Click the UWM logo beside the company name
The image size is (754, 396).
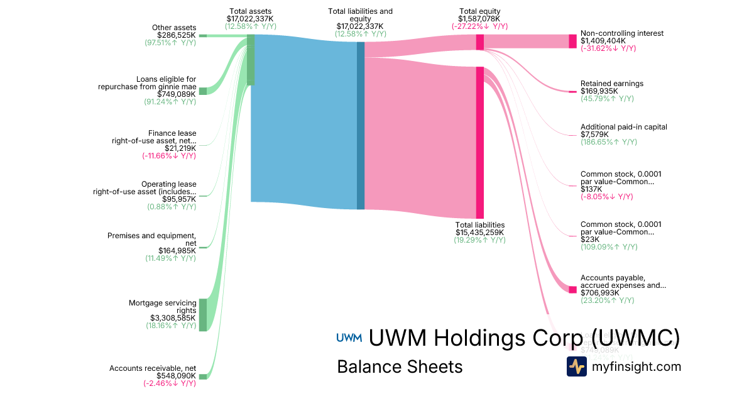pyautogui.click(x=349, y=338)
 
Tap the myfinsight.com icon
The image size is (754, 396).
pyautogui.click(x=576, y=366)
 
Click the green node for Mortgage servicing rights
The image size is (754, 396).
pyautogui.click(x=203, y=315)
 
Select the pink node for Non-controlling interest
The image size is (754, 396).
pyautogui.click(x=572, y=41)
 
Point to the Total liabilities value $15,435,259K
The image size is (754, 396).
pyautogui.click(x=479, y=232)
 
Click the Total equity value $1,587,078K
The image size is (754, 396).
pyautogui.click(x=479, y=19)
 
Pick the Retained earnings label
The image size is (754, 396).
pyautogui.click(x=611, y=84)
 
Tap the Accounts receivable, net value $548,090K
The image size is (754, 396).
pyautogui.click(x=176, y=376)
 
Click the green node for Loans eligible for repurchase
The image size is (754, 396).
pyautogui.click(x=203, y=91)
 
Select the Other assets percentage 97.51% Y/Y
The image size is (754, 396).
pyautogui.click(x=170, y=42)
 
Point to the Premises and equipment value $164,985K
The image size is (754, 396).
pyautogui.click(x=177, y=251)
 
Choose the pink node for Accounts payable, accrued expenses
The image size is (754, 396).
pyautogui.click(x=572, y=289)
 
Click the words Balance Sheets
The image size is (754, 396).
pyautogui.click(x=400, y=367)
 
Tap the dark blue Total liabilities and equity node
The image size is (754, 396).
pyautogui.click(x=361, y=126)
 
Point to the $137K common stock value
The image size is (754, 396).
pyautogui.click(x=591, y=189)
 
